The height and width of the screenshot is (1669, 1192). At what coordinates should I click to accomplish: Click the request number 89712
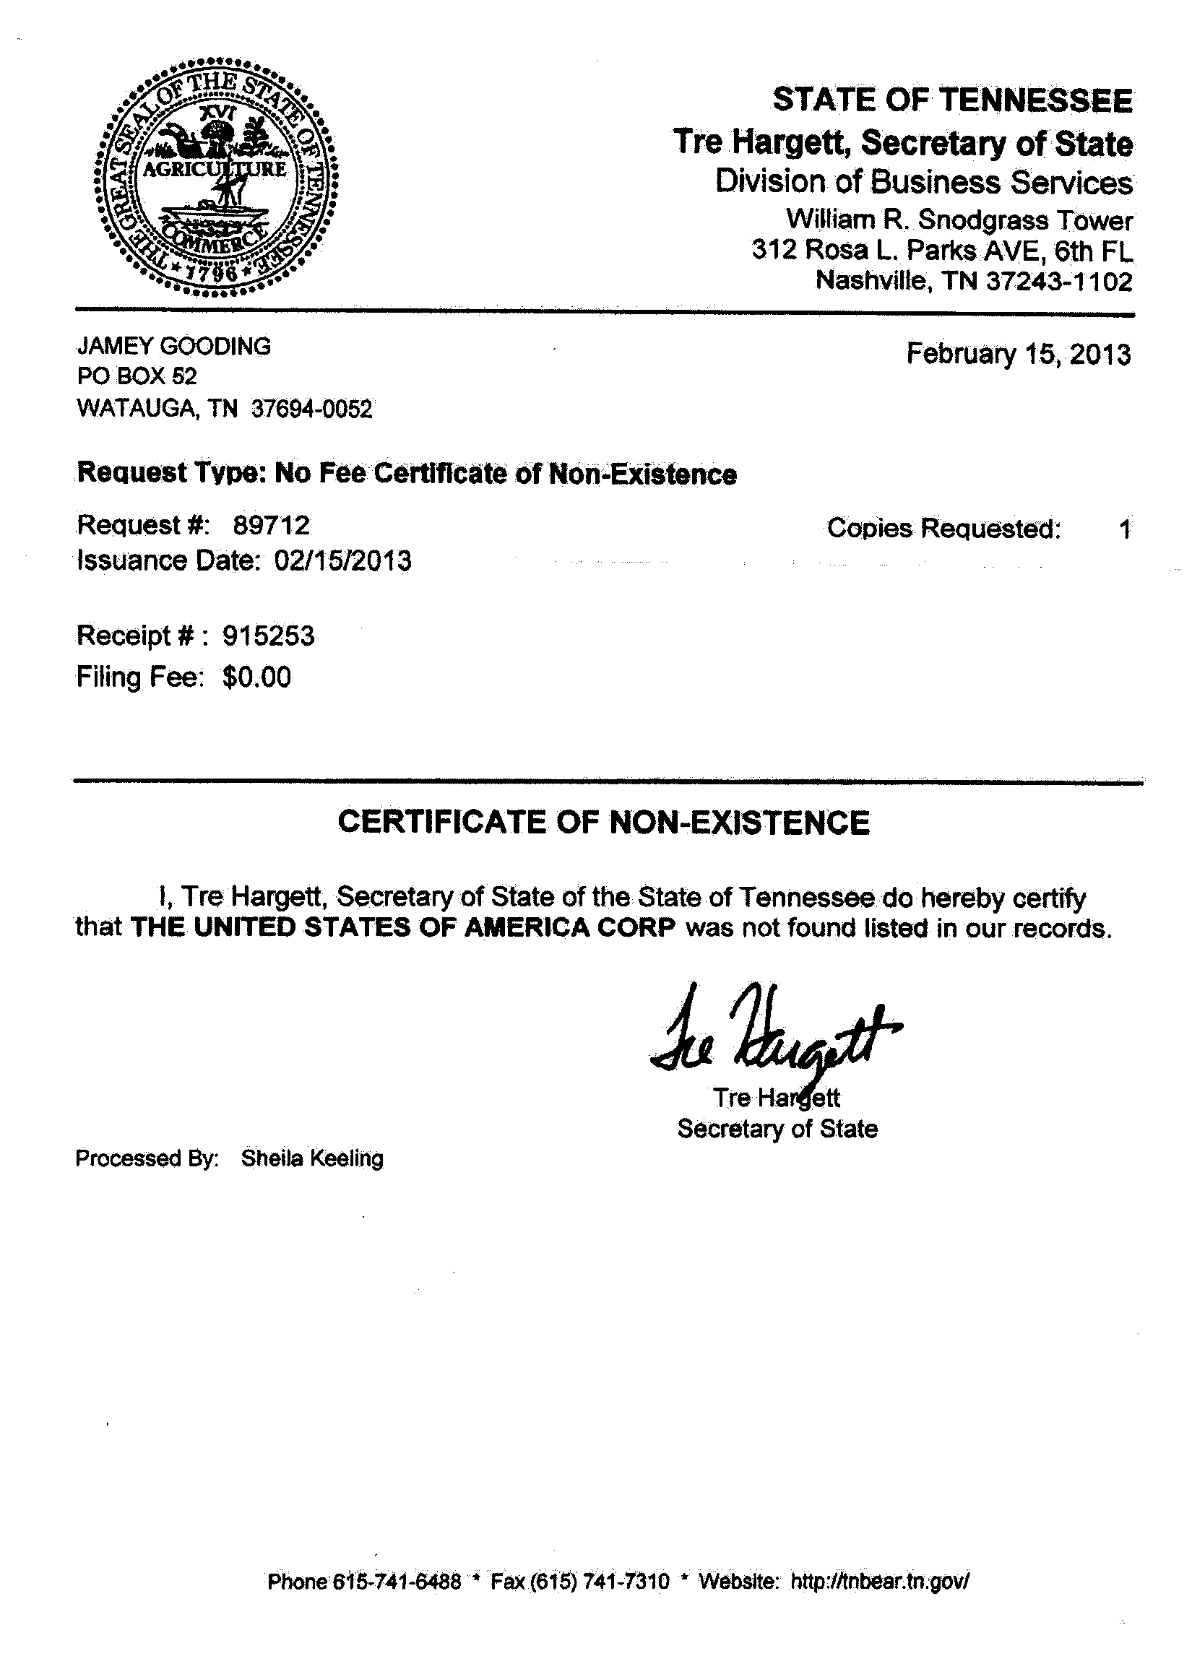pyautogui.click(x=272, y=525)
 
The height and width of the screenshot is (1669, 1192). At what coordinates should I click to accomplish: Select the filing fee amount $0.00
pyautogui.click(x=257, y=677)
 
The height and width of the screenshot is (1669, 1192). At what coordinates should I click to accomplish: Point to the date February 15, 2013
pyautogui.click(x=1018, y=355)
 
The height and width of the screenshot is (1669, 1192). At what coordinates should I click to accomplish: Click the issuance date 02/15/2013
pyautogui.click(x=342, y=561)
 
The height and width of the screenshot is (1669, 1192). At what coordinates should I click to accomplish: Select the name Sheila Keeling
pyautogui.click(x=312, y=1158)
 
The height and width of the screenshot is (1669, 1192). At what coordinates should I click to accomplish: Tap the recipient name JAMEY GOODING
pyautogui.click(x=174, y=345)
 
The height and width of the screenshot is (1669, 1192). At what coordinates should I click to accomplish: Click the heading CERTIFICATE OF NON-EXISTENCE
pyautogui.click(x=603, y=823)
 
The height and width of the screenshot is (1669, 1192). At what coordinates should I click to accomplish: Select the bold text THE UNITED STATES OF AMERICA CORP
pyautogui.click(x=402, y=927)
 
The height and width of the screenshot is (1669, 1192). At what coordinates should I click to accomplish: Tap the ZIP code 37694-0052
pyautogui.click(x=312, y=409)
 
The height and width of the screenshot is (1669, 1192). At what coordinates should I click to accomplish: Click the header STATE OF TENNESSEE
pyautogui.click(x=953, y=100)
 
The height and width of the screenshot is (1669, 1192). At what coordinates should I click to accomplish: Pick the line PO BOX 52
pyautogui.click(x=137, y=377)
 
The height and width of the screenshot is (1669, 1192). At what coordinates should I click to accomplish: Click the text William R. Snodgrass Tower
pyautogui.click(x=959, y=220)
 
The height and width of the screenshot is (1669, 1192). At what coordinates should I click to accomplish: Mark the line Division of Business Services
pyautogui.click(x=924, y=183)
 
